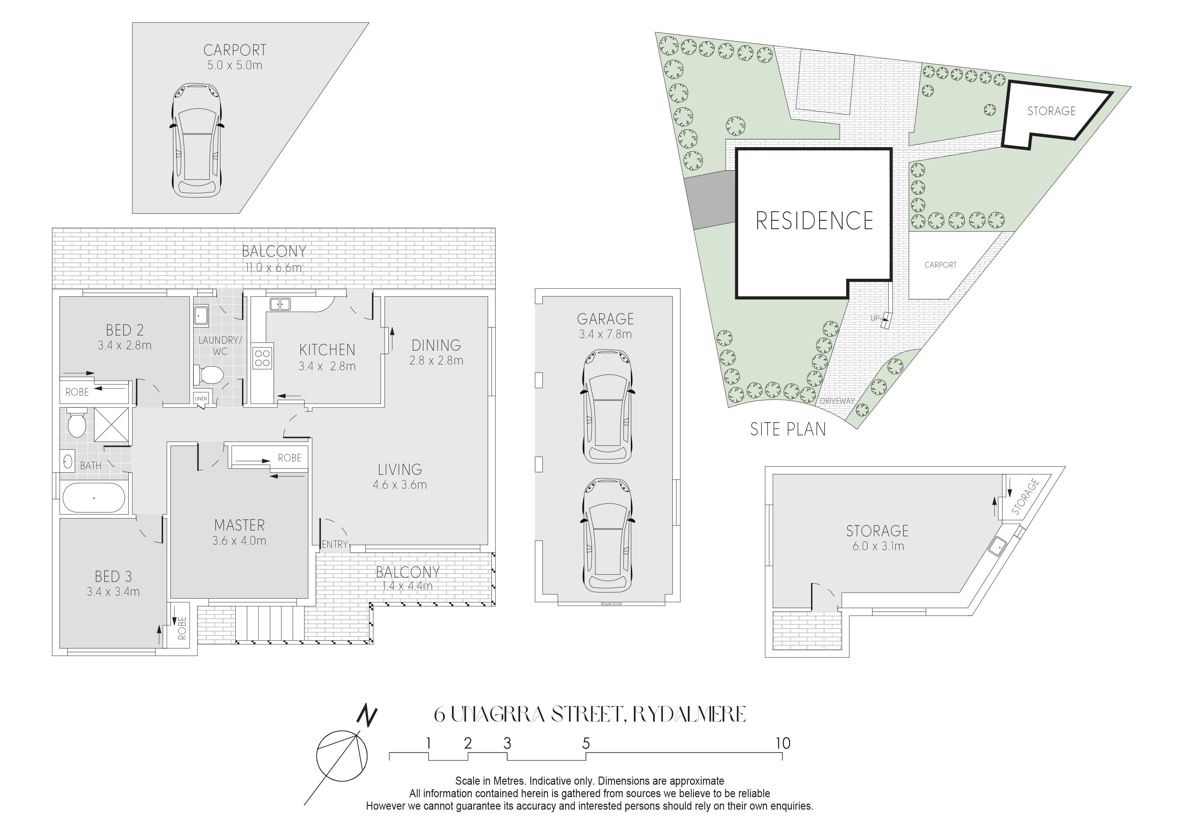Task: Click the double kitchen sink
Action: [280, 304]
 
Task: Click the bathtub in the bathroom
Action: [94, 498]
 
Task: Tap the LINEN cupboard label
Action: [200, 399]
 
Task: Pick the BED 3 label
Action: [113, 576]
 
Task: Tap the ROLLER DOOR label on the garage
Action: [611, 604]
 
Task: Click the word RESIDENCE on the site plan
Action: [814, 221]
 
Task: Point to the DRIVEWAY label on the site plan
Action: [837, 401]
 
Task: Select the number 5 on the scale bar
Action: [586, 743]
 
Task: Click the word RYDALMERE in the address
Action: [689, 714]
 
